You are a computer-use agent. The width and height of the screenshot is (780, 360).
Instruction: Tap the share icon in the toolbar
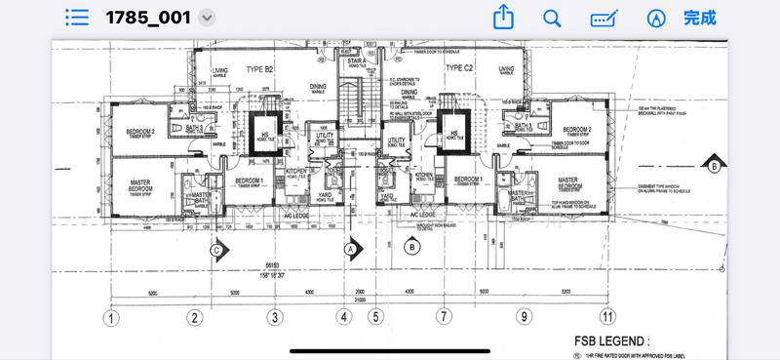pos(503,18)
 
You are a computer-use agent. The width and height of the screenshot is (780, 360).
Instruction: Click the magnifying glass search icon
pos(552,18)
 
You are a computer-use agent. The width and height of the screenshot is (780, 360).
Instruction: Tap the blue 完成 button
pos(699,18)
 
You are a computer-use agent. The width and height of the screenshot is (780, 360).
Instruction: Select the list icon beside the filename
pos(77,18)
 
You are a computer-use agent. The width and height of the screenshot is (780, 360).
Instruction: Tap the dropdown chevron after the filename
pos(206,18)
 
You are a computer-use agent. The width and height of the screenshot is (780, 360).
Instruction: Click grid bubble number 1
pos(114,317)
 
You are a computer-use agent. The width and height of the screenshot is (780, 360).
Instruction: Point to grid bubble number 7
pos(445,317)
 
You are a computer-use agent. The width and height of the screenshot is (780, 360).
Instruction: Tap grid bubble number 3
pos(276,317)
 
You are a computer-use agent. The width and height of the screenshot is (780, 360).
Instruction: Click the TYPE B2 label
pos(259,69)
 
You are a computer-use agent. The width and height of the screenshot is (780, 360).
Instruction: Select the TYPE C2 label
pos(459,67)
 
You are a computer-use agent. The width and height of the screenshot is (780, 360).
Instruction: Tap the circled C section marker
pos(216,249)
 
